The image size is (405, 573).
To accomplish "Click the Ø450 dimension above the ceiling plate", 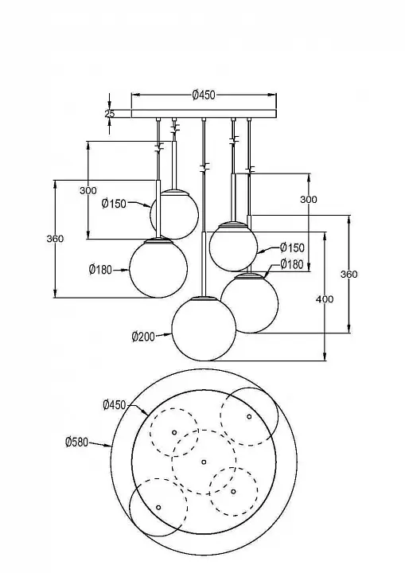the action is tap(204, 95).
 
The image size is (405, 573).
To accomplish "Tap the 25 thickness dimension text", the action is tap(110, 114).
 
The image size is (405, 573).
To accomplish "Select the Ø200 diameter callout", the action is tap(143, 336).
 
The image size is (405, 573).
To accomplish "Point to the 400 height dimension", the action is tap(325, 299).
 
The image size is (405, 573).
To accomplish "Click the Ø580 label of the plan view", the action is tap(76, 442).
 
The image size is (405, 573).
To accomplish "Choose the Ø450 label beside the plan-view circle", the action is tap(115, 405).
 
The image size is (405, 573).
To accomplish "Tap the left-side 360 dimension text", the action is tap(55, 239).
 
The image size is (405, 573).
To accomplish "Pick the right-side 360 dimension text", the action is tap(349, 274).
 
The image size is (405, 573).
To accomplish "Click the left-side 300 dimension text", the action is tap(88, 190).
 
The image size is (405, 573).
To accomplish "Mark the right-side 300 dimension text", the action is tap(309, 200).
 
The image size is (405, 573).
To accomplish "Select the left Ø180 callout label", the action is tap(100, 270).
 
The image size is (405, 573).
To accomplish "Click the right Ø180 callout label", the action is tap(292, 264).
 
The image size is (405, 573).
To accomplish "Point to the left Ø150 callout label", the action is tap(114, 204).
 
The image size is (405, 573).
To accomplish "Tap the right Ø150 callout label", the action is tap(292, 248).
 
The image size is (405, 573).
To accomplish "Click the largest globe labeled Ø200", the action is tap(204, 329).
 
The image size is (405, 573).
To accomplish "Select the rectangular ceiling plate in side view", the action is tap(204, 114).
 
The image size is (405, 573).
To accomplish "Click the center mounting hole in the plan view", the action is tap(204, 462).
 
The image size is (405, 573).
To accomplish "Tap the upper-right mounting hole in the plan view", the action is tap(249, 416).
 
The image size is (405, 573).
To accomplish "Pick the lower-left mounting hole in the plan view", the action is tap(158, 508).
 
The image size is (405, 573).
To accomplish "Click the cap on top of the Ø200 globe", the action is tap(204, 298).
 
